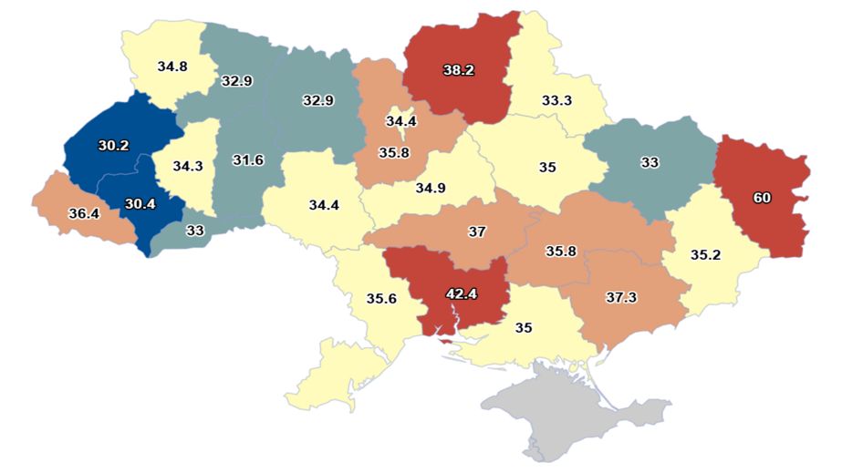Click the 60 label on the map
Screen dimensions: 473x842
tap(763, 196)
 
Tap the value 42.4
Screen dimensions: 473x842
tap(459, 294)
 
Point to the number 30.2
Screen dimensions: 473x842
tap(115, 144)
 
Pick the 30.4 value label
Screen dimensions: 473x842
tap(140, 203)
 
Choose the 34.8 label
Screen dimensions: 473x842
tap(172, 67)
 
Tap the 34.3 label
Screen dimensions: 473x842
tap(189, 167)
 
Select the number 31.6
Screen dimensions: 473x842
tap(247, 160)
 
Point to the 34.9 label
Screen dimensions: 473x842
tap(431, 188)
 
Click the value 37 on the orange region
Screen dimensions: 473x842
tap(476, 231)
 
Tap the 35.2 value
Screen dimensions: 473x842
tap(704, 254)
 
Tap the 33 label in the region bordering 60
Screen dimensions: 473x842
tap(649, 162)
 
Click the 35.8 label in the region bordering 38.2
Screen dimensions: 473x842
tap(395, 152)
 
